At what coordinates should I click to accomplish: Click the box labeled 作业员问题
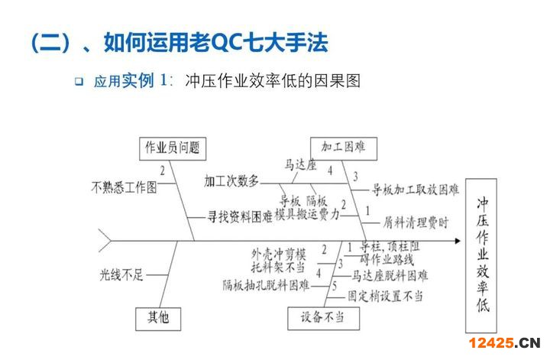[173, 148]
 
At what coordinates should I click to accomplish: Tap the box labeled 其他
[158, 317]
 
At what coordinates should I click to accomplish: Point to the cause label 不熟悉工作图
[125, 186]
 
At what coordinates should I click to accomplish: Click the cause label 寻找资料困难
[240, 217]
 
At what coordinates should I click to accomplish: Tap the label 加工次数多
[231, 181]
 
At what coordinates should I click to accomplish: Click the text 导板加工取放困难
[416, 188]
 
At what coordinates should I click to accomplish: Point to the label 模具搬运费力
[307, 215]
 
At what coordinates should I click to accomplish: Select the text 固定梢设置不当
[385, 296]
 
